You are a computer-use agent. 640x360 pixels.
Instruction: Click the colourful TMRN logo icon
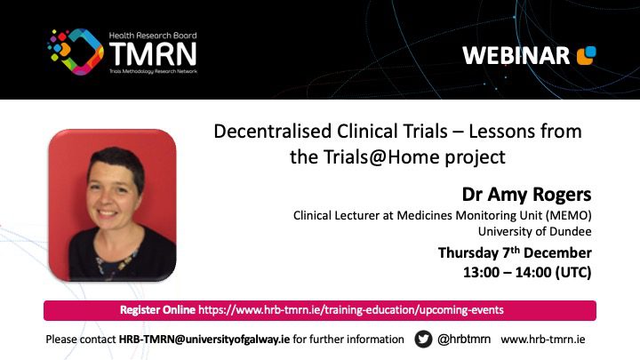76,52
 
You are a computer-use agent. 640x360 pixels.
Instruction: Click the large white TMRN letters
153,54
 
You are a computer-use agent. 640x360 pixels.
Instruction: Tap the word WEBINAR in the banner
516,55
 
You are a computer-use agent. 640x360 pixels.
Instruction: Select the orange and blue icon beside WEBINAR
586,55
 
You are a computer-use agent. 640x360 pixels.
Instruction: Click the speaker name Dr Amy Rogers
526,195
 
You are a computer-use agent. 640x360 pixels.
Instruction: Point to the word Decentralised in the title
273,132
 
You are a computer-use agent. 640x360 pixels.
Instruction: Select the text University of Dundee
535,231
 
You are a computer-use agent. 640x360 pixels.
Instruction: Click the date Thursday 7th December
515,252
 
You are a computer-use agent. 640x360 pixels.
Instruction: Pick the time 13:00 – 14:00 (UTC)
527,272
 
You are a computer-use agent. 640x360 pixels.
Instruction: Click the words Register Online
157,310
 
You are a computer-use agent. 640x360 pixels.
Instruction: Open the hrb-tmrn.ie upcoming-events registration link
351,310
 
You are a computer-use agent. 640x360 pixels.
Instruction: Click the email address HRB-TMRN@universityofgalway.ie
204,340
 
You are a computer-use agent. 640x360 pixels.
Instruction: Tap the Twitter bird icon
423,340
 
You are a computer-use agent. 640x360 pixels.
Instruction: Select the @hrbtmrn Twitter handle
464,340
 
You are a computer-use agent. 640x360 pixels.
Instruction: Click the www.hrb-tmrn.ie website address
543,340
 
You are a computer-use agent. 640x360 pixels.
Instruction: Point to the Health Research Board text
153,36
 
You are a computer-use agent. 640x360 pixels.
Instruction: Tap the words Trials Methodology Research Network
153,71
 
